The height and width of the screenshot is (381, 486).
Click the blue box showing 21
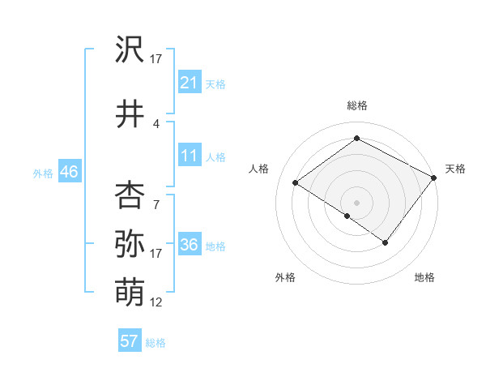pyautogui.click(x=190, y=82)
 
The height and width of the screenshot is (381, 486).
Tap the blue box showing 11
pyautogui.click(x=190, y=156)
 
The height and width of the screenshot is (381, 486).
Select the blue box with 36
pyautogui.click(x=190, y=245)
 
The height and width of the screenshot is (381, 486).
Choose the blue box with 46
pyautogui.click(x=69, y=171)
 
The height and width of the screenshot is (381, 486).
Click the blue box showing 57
pyautogui.click(x=130, y=341)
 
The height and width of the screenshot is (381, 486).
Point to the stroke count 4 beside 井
pyautogui.click(x=156, y=123)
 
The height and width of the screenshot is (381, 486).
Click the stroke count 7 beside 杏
pyautogui.click(x=156, y=204)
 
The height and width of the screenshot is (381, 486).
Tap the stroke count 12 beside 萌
pyautogui.click(x=156, y=302)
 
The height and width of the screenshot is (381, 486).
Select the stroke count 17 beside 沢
pyautogui.click(x=156, y=59)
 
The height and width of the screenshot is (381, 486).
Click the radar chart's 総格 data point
pyautogui.click(x=356, y=139)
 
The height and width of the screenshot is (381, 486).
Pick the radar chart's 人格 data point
pyautogui.click(x=296, y=183)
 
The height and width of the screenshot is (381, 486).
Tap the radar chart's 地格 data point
pyautogui.click(x=386, y=242)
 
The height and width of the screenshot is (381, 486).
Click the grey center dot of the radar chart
pyautogui.click(x=356, y=202)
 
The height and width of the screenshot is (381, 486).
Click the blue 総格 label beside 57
pyautogui.click(x=156, y=343)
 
